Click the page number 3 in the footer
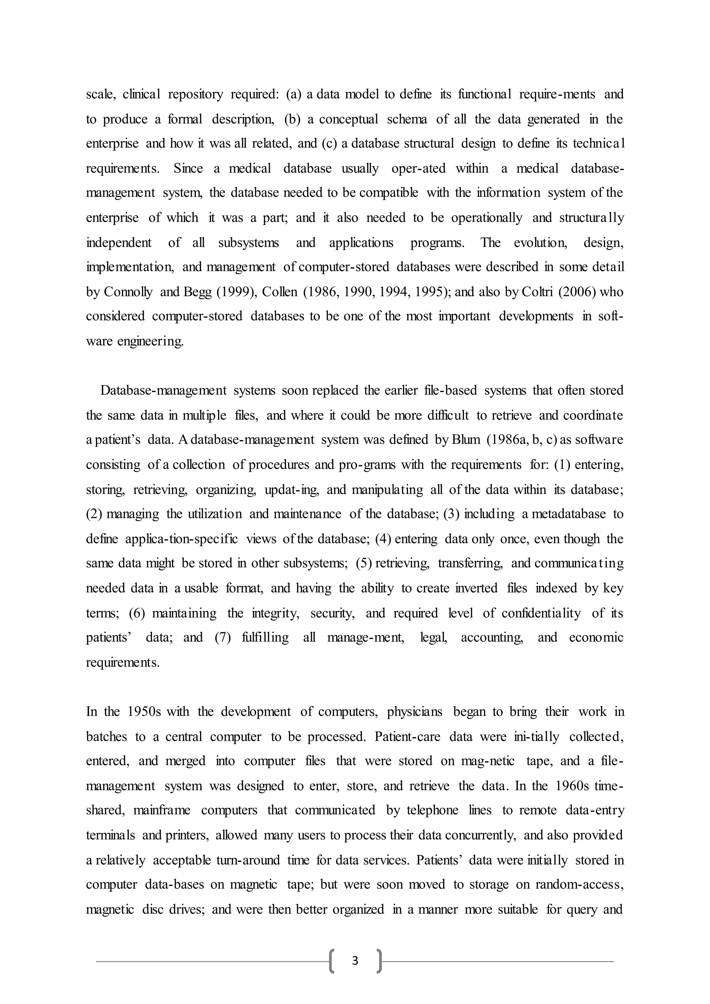[355, 960]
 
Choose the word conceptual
[348, 119]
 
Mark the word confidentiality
[541, 613]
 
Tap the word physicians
[415, 711]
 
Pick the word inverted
[476, 588]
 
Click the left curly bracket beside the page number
[332, 961]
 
